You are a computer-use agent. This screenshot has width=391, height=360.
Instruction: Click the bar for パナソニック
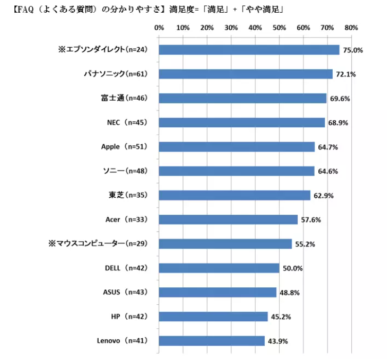click(246, 74)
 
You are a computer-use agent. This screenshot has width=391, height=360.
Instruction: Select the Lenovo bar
click(212, 341)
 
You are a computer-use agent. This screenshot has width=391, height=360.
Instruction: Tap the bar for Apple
click(237, 147)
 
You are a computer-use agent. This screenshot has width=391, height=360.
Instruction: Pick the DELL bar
click(219, 268)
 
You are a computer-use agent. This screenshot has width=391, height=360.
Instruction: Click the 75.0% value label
click(352, 50)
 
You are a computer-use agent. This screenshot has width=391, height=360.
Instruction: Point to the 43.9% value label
click(277, 341)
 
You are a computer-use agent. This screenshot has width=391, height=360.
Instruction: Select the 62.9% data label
click(323, 196)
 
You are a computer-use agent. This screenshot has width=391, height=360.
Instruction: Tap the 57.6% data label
click(310, 220)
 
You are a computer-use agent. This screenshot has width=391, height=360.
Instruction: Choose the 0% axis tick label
click(159, 27)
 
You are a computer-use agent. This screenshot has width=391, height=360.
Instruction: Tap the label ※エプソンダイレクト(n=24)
click(102, 49)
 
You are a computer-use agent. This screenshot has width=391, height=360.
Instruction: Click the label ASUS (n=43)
click(124, 292)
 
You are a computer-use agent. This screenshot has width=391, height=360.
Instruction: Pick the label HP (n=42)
click(129, 317)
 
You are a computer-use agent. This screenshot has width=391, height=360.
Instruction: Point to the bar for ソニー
click(237, 171)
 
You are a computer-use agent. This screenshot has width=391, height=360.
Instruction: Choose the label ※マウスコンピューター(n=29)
click(98, 244)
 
